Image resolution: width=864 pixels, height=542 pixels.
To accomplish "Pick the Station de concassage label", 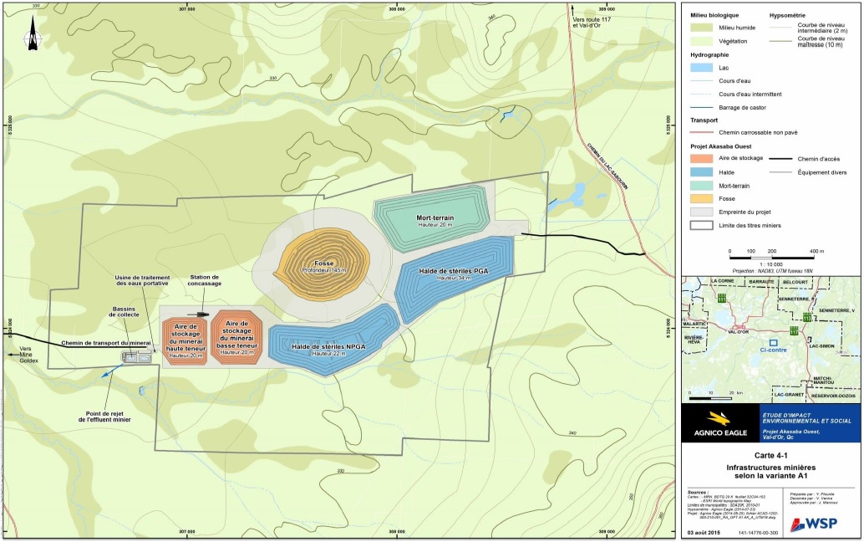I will (x=205, y=280).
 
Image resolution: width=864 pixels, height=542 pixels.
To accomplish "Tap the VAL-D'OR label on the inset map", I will (x=736, y=332).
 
